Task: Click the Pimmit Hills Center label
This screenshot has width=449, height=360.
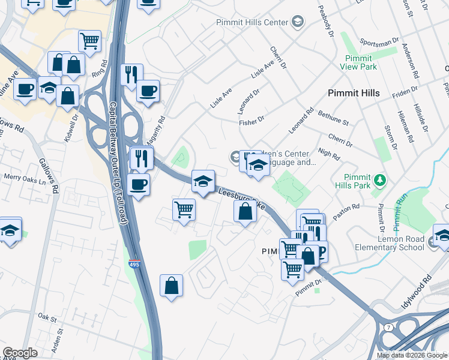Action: pyautogui.click(x=253, y=23)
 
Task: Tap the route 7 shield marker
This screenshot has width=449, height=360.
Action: pyautogui.click(x=388, y=327)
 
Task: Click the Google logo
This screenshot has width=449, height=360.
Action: pyautogui.click(x=20, y=353)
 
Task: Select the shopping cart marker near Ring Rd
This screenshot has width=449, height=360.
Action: pyautogui.click(x=89, y=41)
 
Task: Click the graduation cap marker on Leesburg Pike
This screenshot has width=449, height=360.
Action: pyautogui.click(x=203, y=181)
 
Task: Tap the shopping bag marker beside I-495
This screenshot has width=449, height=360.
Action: pyautogui.click(x=171, y=286)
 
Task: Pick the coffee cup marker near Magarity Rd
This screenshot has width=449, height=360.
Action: pyautogui.click(x=148, y=91)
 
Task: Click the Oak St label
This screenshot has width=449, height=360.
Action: pyautogui.click(x=47, y=316)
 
